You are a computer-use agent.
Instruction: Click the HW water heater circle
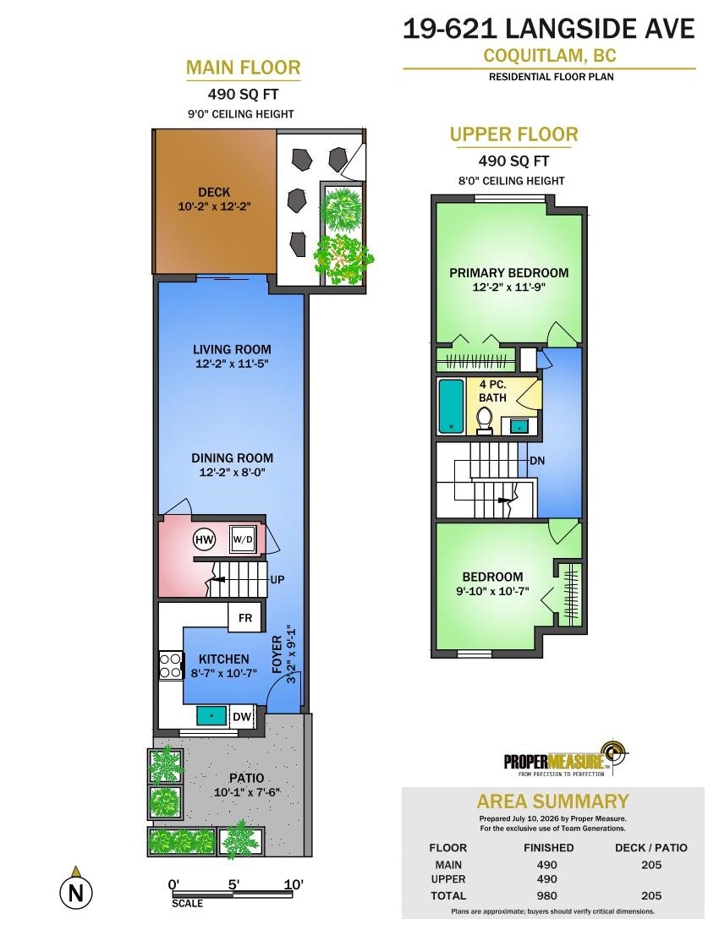(x=204, y=539)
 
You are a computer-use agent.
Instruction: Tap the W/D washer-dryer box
(x=243, y=539)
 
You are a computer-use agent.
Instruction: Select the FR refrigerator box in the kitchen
(x=245, y=617)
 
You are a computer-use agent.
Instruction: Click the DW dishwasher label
(x=241, y=716)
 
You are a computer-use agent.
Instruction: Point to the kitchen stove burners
(x=170, y=665)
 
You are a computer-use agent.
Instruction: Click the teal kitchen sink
(x=211, y=715)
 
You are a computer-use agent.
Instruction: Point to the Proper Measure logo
(x=565, y=758)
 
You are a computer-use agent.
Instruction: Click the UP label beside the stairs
(x=277, y=579)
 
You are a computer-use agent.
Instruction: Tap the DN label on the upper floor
(x=537, y=461)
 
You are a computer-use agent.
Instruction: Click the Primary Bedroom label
(x=509, y=273)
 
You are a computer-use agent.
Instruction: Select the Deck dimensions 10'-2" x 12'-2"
(x=214, y=207)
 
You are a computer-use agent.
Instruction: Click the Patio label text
(x=247, y=778)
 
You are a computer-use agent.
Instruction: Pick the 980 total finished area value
(x=547, y=895)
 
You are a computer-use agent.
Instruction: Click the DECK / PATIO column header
(x=650, y=847)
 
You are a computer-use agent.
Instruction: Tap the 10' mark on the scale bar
(x=293, y=884)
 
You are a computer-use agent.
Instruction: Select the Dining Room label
(x=232, y=458)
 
